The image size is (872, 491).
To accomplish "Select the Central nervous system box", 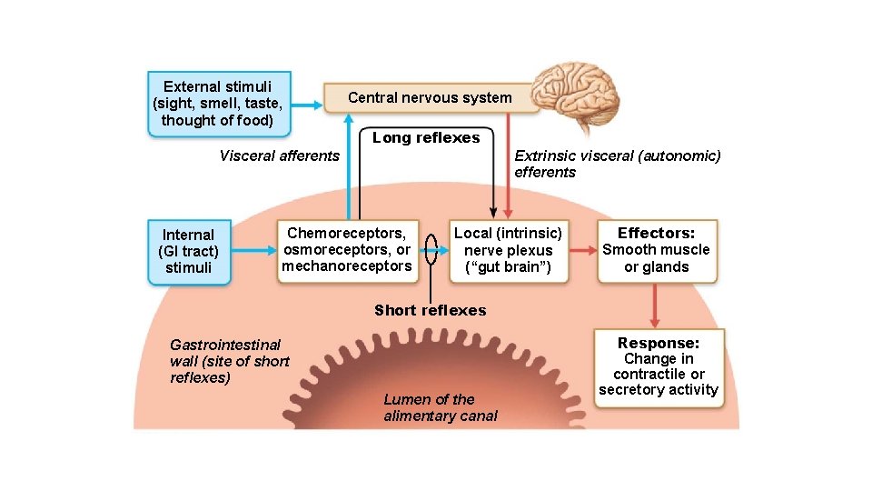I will pyautogui.click(x=430, y=97).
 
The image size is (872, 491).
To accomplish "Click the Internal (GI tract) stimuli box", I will pyautogui.click(x=189, y=251).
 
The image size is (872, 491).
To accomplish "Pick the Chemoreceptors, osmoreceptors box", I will pyautogui.click(x=347, y=250).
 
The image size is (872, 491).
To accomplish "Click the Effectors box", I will pyautogui.click(x=657, y=250).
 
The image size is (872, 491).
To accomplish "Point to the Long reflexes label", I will pyautogui.click(x=426, y=138).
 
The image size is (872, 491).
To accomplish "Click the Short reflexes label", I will pyautogui.click(x=430, y=310).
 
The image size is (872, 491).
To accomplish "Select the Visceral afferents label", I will pyautogui.click(x=279, y=155).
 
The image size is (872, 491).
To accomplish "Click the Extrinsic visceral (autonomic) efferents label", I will pyautogui.click(x=617, y=164).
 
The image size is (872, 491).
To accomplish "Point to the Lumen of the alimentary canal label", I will pyautogui.click(x=441, y=407).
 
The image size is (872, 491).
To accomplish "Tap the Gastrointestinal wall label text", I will pyautogui.click(x=229, y=361).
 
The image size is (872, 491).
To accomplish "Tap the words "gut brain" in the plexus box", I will pyautogui.click(x=508, y=267).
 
